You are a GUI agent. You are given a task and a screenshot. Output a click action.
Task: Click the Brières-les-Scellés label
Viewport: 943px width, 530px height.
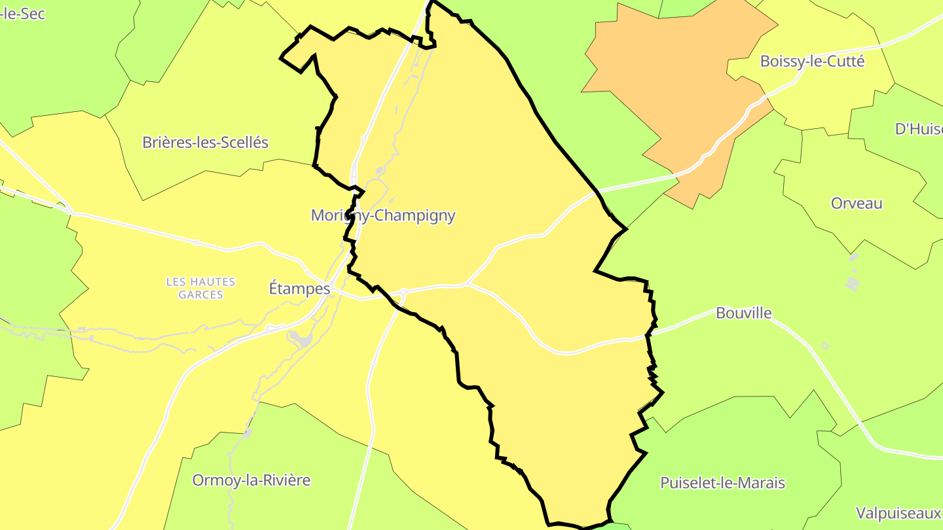(x=206, y=142)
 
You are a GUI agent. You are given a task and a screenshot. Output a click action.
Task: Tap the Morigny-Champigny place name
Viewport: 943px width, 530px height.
(x=383, y=215)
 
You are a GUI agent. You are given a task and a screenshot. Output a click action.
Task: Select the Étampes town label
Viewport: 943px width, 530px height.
(x=299, y=288)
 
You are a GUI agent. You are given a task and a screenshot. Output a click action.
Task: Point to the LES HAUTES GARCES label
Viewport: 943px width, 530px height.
(x=200, y=288)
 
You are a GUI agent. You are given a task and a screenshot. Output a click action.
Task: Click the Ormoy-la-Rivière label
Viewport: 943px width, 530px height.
(x=251, y=480)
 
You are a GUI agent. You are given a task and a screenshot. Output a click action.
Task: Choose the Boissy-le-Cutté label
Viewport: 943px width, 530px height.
(x=812, y=61)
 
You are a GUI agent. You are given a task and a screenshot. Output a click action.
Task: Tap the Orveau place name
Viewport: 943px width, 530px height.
(x=857, y=203)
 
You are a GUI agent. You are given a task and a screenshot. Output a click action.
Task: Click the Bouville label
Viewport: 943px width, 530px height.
(x=743, y=313)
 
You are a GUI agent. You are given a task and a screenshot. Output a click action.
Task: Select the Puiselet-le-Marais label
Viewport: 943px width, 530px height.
(x=722, y=483)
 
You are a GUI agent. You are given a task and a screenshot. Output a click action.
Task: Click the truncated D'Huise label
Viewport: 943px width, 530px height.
(x=918, y=129)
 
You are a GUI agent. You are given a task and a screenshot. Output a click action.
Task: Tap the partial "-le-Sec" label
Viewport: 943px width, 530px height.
(x=23, y=13)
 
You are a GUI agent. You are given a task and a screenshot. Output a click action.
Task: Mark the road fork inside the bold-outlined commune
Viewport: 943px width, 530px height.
(x=469, y=285)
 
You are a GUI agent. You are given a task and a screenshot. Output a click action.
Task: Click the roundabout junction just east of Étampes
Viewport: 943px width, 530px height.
(x=403, y=292)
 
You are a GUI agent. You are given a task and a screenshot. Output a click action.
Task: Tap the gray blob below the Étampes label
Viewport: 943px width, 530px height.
(x=302, y=338)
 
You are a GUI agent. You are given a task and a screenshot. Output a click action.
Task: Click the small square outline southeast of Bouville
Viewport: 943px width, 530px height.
(x=824, y=345)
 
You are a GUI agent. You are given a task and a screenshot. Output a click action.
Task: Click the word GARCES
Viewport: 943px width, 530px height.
(x=200, y=295)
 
